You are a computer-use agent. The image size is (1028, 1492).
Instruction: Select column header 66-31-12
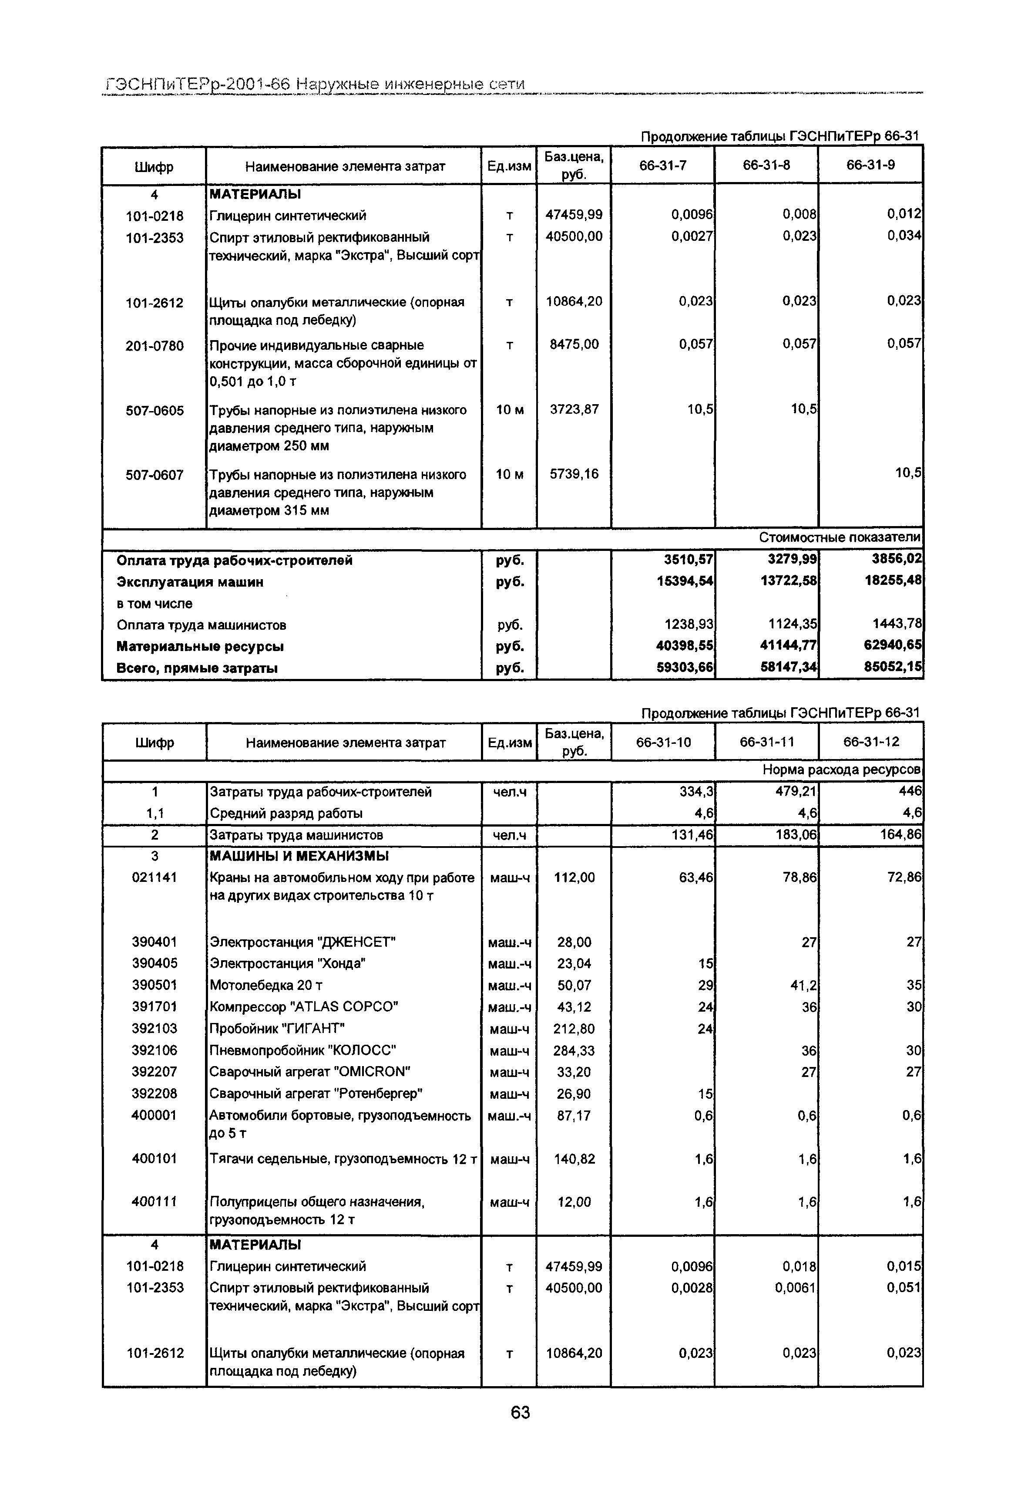pyautogui.click(x=871, y=742)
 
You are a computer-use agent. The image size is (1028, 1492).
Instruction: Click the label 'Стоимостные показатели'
pyautogui.click(x=839, y=537)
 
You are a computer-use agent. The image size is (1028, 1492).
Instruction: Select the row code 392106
pyautogui.click(x=154, y=1050)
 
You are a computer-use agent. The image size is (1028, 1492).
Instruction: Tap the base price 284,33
pyautogui.click(x=573, y=1050)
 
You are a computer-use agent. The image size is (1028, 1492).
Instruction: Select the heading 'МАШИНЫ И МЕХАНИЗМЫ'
pyautogui.click(x=299, y=856)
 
